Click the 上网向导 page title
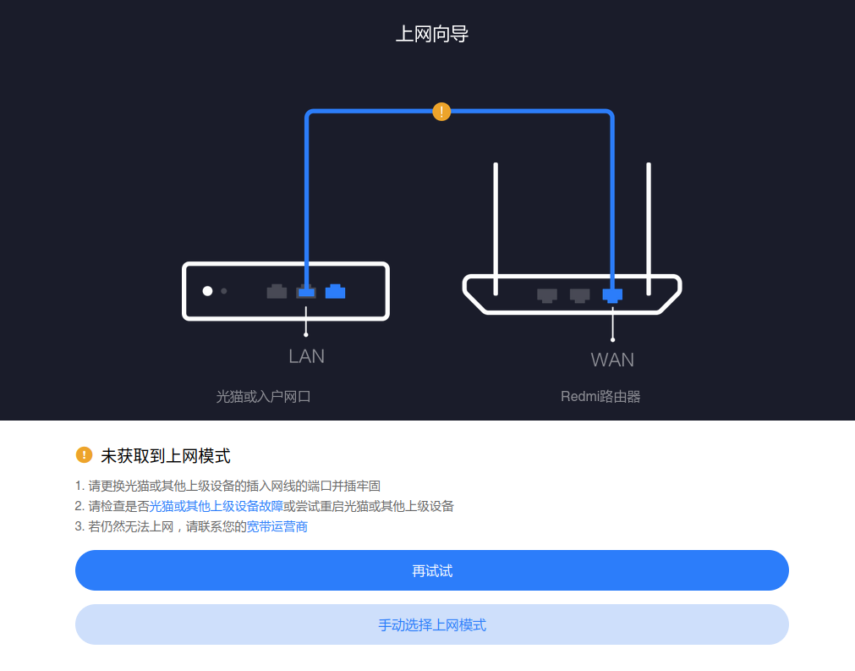click(432, 34)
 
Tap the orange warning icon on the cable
click(441, 112)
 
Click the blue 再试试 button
click(432, 570)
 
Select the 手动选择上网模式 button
click(432, 624)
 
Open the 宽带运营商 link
click(277, 526)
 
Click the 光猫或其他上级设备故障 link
click(216, 506)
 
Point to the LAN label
click(306, 356)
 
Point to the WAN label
click(612, 360)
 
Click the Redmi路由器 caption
click(600, 397)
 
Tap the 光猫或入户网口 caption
click(263, 397)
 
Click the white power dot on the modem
click(207, 291)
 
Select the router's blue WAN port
click(612, 295)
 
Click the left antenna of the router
click(496, 229)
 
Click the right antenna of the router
click(649, 229)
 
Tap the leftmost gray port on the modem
click(277, 292)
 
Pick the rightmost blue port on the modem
click(336, 292)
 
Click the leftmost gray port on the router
click(547, 295)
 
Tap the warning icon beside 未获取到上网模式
click(84, 454)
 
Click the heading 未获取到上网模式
click(166, 455)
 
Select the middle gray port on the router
click(579, 295)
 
